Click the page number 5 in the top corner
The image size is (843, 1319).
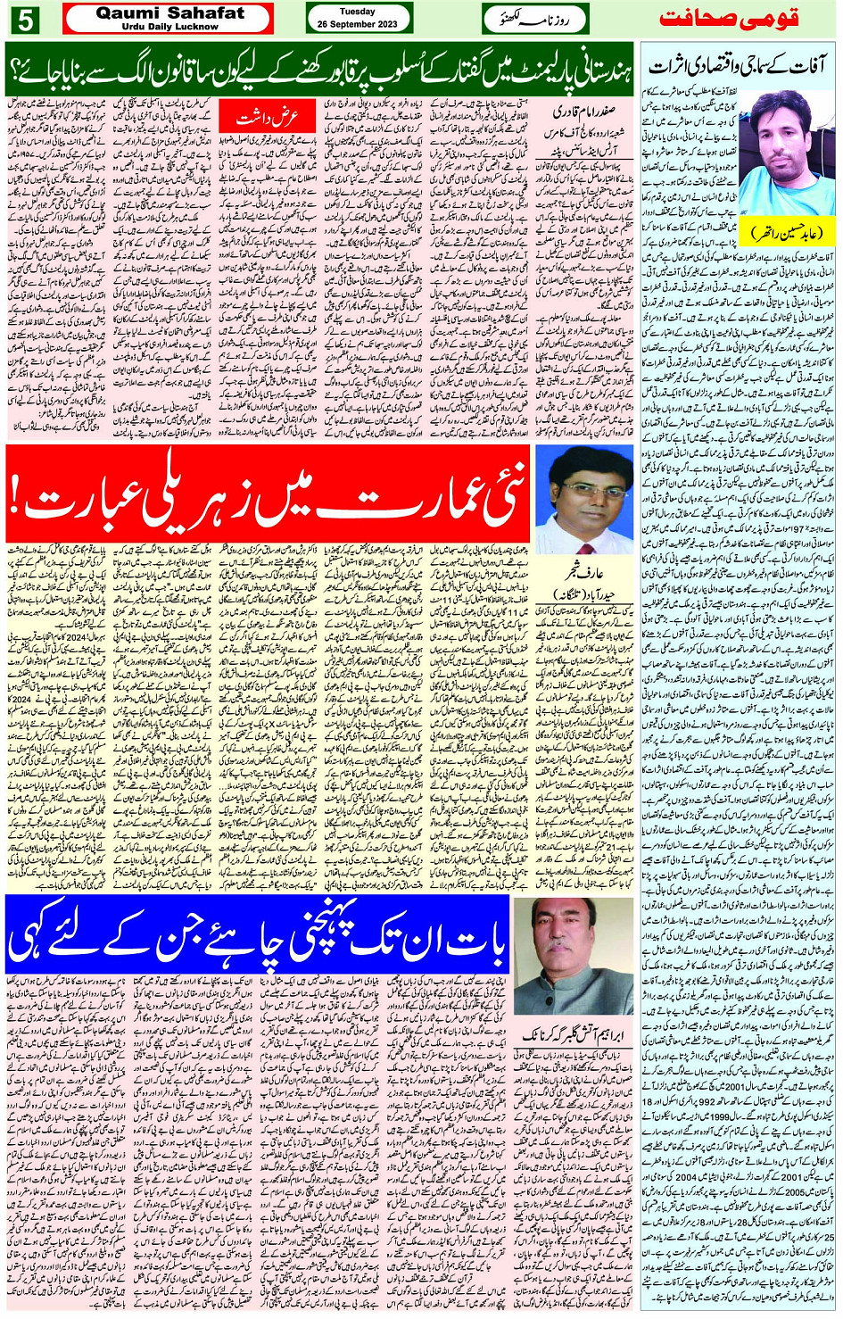(x=23, y=19)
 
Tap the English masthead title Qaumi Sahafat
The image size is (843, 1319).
(x=169, y=13)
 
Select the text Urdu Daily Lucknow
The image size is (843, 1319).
(x=169, y=27)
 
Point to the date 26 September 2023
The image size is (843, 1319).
(x=357, y=24)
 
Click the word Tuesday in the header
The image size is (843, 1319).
(x=357, y=12)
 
